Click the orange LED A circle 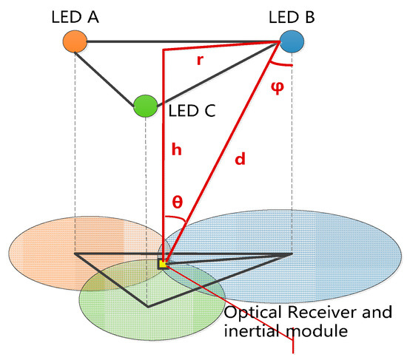pos(75,41)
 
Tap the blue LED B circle pos(291,41)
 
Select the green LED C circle pos(145,106)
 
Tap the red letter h pos(175,149)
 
